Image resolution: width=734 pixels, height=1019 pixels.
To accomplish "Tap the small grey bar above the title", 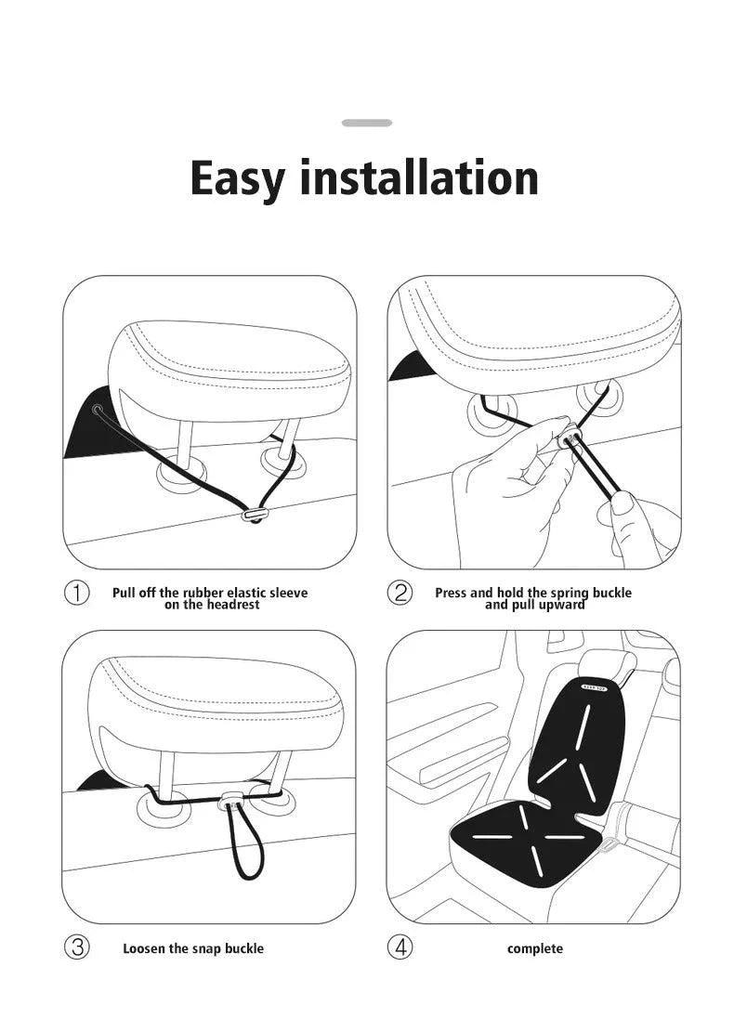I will [367, 123].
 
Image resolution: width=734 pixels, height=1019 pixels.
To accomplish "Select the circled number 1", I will [76, 593].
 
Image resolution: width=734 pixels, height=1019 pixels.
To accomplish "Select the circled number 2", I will [400, 593].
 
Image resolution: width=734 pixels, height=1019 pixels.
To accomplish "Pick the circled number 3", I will [76, 947].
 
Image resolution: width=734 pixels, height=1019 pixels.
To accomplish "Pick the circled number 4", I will [400, 947].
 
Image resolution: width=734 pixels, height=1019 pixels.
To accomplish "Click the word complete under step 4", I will [534, 948].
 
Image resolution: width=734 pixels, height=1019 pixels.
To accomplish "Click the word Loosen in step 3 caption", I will [145, 948].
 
